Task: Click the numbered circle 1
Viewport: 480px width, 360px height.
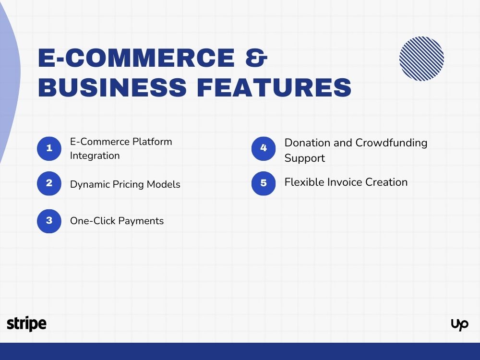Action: click(49, 148)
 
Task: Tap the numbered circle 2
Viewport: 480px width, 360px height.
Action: click(49, 183)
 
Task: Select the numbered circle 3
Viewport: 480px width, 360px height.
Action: click(49, 221)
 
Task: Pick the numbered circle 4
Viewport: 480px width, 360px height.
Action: click(264, 148)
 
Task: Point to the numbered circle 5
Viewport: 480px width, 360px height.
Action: click(264, 183)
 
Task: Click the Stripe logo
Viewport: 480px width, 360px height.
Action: click(27, 324)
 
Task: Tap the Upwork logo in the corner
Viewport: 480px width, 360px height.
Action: click(459, 325)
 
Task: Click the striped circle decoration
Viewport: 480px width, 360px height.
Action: click(421, 59)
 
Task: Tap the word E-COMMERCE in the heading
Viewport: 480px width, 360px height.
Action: click(136, 59)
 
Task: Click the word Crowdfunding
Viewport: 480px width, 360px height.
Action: click(391, 143)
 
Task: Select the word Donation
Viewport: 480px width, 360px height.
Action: click(308, 143)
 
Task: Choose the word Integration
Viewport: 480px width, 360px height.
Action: click(95, 156)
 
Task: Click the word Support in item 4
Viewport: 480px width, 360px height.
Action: click(304, 158)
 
